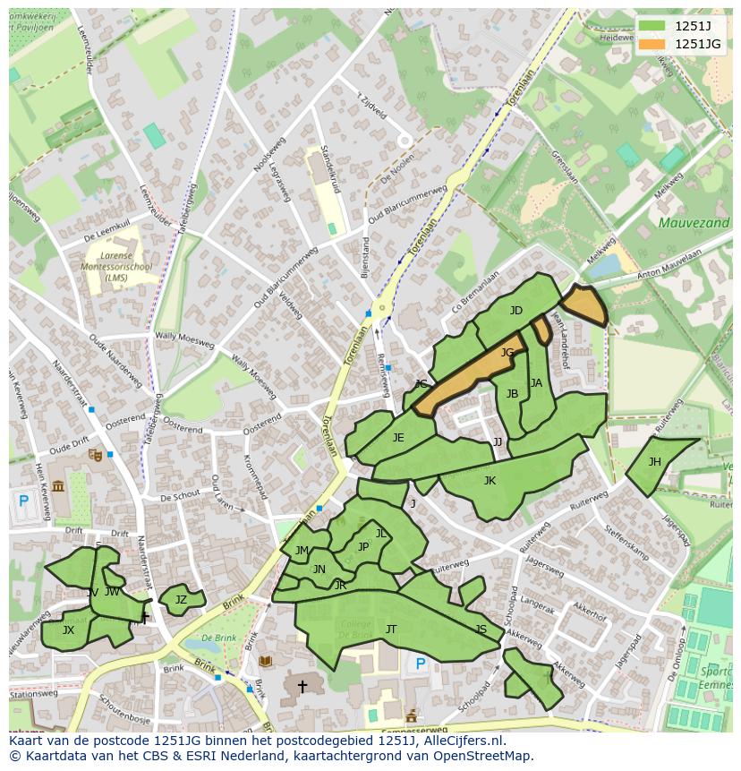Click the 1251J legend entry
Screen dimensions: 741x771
click(679, 26)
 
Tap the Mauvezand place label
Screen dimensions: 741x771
click(694, 223)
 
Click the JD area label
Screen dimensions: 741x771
click(515, 311)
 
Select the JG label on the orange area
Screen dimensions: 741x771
click(507, 353)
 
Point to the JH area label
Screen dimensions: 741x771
click(654, 462)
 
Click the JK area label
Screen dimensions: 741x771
click(490, 481)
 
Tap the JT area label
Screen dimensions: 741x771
click(390, 630)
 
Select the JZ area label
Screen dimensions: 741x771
click(181, 600)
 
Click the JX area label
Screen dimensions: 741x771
click(68, 630)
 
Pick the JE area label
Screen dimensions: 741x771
click(398, 438)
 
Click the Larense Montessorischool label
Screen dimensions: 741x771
click(116, 266)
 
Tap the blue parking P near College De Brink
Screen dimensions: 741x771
click(421, 664)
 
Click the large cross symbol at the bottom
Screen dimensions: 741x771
click(302, 687)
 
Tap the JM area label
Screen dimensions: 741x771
click(302, 551)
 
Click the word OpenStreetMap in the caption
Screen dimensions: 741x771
click(481, 756)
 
